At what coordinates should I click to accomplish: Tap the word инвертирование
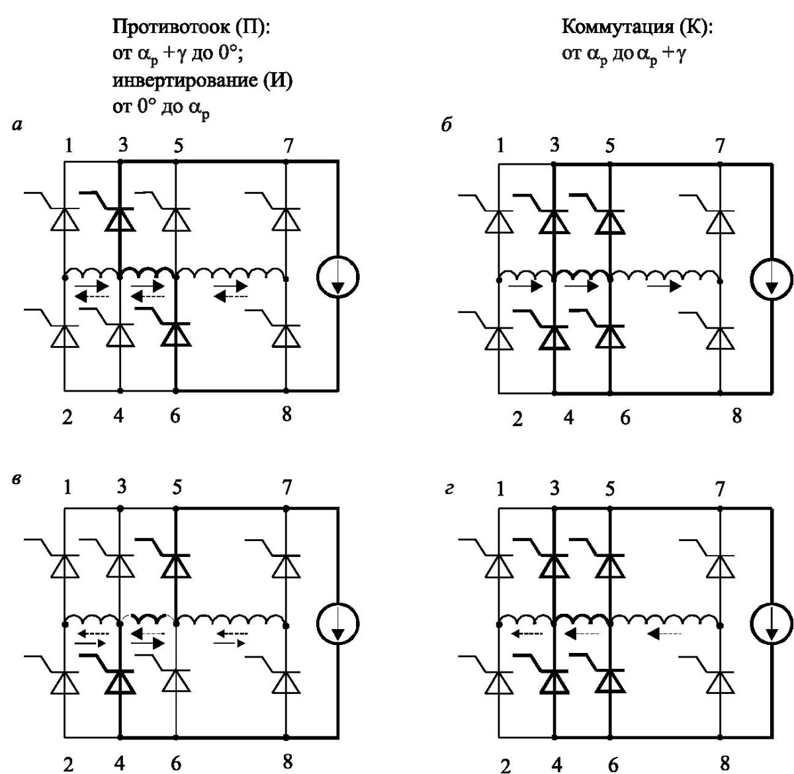tap(185, 81)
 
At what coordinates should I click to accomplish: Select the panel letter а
tap(17, 125)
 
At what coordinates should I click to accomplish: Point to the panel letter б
tap(447, 124)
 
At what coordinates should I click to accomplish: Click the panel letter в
tap(17, 478)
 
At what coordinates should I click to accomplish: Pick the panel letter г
tap(449, 489)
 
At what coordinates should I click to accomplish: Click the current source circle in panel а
tap(337, 277)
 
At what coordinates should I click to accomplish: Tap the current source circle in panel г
tap(772, 624)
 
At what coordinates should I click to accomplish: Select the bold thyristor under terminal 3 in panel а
tap(120, 219)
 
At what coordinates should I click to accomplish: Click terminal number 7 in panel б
tap(720, 146)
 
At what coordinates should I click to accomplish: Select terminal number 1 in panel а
tap(69, 146)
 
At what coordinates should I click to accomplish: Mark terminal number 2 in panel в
tap(68, 764)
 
